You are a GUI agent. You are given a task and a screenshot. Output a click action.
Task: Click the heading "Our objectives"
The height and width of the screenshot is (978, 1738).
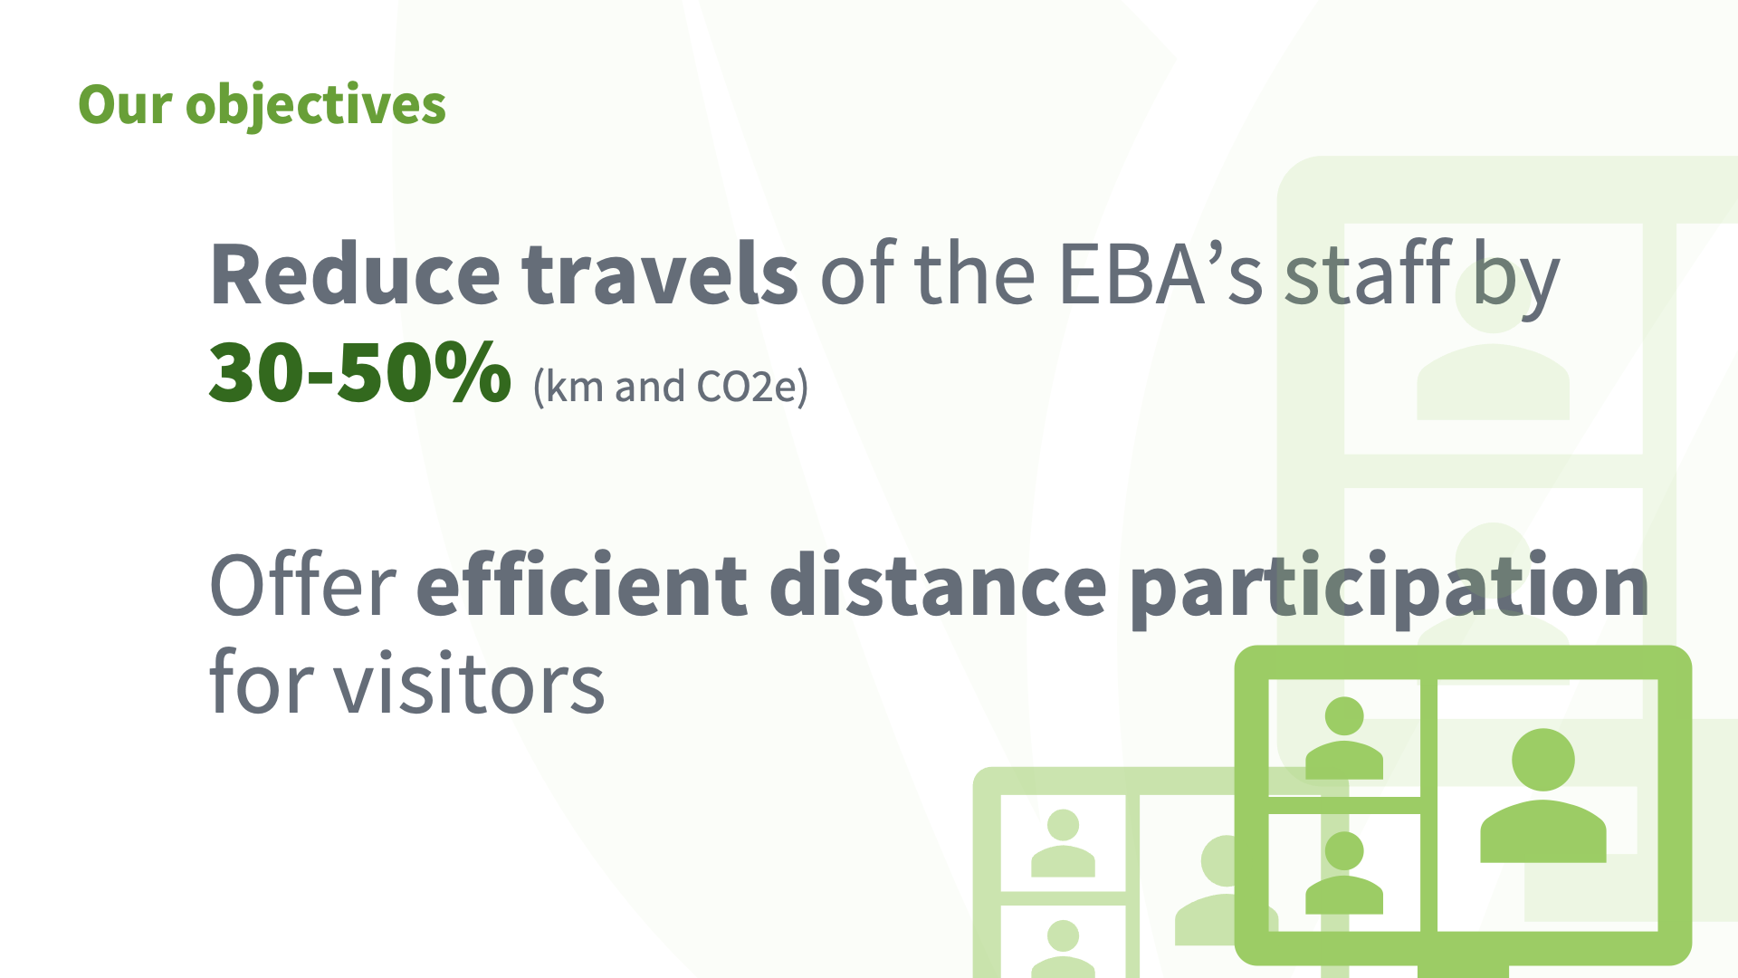tap(262, 105)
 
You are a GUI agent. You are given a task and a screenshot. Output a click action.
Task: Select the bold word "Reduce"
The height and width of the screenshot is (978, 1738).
tap(355, 274)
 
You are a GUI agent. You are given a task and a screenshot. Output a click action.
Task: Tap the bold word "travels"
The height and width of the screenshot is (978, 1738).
tap(660, 274)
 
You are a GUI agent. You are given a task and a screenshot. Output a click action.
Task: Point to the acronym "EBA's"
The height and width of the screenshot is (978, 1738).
tap(1160, 274)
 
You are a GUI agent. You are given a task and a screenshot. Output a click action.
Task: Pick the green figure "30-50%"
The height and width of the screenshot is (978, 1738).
tap(360, 371)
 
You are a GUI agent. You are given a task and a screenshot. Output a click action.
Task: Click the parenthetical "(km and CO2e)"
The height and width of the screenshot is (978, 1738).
tap(671, 387)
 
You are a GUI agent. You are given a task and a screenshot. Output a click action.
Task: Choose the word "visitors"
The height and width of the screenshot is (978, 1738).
tap(470, 684)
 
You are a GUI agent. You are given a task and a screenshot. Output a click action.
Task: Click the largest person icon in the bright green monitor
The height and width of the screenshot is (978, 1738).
tap(1543, 795)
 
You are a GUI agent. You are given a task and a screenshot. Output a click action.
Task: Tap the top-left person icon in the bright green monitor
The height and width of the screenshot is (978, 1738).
tap(1344, 738)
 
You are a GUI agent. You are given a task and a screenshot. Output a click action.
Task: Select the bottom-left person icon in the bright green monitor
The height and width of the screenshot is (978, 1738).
tap(1344, 873)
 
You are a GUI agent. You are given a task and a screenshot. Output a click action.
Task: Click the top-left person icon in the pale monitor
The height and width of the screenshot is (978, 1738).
tap(1063, 843)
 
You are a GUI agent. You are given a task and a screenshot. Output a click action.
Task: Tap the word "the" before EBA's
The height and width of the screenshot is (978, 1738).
tap(975, 274)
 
